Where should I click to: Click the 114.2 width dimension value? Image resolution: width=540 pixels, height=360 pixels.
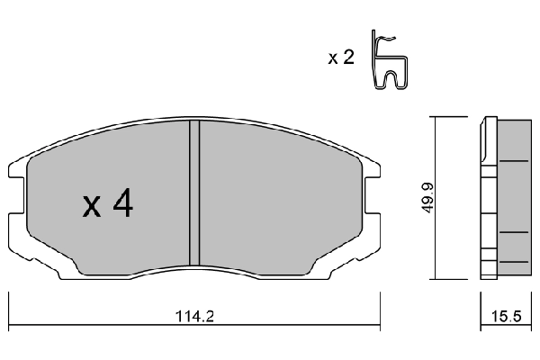[195, 318]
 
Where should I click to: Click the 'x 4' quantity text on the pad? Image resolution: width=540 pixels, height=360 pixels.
[108, 206]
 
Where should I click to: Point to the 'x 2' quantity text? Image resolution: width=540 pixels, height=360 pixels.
[339, 58]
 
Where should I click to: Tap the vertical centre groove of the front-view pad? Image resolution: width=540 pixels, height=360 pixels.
[193, 193]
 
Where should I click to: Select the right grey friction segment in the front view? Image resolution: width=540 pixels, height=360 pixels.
[279, 193]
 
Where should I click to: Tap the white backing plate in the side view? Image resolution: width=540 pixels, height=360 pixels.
[488, 198]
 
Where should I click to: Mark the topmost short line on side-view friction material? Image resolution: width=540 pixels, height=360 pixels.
[514, 161]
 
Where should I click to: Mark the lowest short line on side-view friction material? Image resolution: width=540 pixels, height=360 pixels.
[514, 261]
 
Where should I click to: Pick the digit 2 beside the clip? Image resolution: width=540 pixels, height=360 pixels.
[346, 58]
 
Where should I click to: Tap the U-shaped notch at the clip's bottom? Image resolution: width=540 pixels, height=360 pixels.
[394, 83]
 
